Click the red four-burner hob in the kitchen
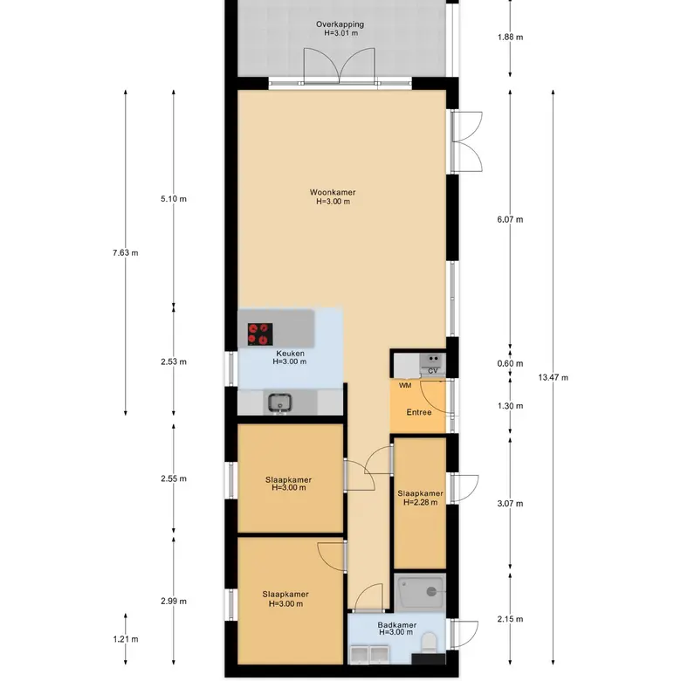pos(260,334)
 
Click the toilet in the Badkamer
pos(429,641)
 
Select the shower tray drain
pos(431,591)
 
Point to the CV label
pos(432,370)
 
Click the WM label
pos(405,385)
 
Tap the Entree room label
pos(419,412)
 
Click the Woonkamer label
pos(333,192)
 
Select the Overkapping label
pos(340,24)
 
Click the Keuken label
pos(290,354)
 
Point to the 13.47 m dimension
pos(553,377)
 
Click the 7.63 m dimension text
pos(126,253)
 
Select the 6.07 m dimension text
pos(511,219)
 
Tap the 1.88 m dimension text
pos(511,37)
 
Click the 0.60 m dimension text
pos(511,363)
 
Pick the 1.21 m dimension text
pos(126,639)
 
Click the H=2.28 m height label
pos(421,503)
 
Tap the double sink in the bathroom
pos(369,655)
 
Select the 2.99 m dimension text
pos(174,601)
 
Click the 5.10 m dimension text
pos(174,199)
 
